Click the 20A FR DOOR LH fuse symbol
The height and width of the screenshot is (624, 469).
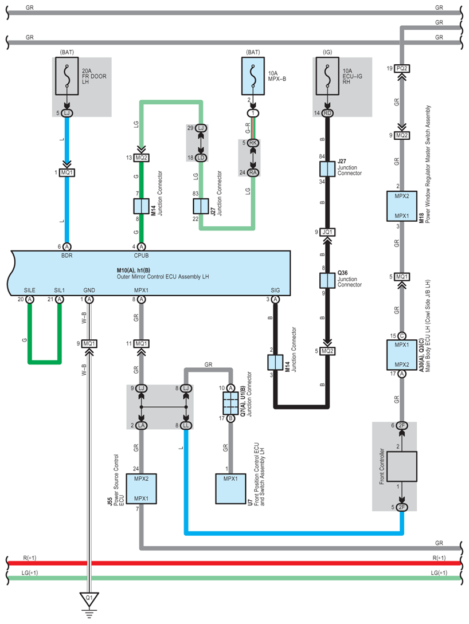coord(67,76)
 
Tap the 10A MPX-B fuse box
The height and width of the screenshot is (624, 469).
coord(253,76)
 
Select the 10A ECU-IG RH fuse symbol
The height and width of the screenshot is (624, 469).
coord(327,76)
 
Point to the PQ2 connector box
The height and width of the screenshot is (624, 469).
coord(402,68)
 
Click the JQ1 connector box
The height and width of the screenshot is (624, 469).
coord(327,232)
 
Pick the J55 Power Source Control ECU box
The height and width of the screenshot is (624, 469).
coord(142,489)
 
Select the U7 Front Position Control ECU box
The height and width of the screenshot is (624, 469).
coord(230,489)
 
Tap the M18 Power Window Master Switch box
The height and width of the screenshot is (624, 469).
coord(402,206)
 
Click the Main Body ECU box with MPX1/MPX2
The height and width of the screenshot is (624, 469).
coord(402,355)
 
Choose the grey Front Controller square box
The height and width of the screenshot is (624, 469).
coord(402,466)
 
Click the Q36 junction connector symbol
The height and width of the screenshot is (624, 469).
coord(327,281)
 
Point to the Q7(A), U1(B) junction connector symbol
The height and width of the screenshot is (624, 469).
coord(230,403)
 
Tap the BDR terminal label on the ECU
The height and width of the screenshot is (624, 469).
coord(67,256)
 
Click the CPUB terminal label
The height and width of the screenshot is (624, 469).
coord(142,256)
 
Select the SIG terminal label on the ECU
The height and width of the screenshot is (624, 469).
coord(275,290)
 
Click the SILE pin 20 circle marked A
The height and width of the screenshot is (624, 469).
coord(29,299)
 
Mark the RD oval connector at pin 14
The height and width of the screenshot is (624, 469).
coord(327,113)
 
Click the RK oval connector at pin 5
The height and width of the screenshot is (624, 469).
coord(253,143)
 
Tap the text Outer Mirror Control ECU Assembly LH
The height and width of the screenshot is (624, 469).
coord(163,277)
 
